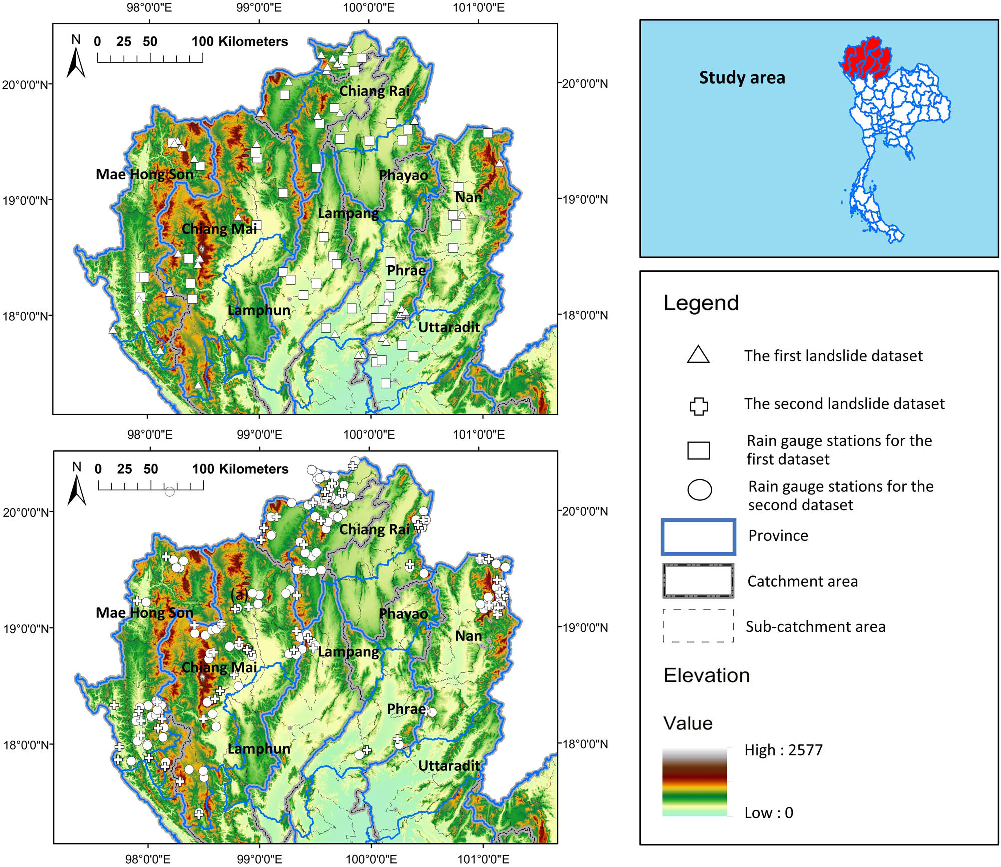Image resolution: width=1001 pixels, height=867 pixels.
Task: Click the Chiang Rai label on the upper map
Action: pyautogui.click(x=374, y=91)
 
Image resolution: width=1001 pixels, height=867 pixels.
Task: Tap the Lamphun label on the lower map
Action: pyautogui.click(x=259, y=749)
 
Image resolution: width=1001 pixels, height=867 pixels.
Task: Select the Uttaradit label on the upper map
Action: pyautogui.click(x=449, y=327)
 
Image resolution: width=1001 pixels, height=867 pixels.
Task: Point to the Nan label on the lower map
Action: pyautogui.click(x=468, y=636)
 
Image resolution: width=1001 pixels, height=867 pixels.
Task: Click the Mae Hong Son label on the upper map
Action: pyautogui.click(x=144, y=174)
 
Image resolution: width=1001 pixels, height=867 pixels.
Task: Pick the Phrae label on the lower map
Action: pyautogui.click(x=406, y=709)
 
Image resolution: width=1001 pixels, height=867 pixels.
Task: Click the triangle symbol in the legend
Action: pyautogui.click(x=698, y=355)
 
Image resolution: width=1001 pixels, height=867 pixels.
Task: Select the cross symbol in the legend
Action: pyautogui.click(x=699, y=406)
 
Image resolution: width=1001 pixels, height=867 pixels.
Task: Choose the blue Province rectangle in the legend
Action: pyautogui.click(x=698, y=537)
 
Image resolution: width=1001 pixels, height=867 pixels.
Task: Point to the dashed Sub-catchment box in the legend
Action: pyautogui.click(x=698, y=626)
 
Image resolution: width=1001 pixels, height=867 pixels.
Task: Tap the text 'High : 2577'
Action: pyautogui.click(x=783, y=750)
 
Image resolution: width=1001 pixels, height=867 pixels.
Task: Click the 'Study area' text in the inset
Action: pyautogui.click(x=742, y=78)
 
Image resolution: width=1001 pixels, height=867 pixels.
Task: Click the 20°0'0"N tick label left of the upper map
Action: pyautogui.click(x=26, y=84)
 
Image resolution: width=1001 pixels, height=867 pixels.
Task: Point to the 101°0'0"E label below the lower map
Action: pyautogui.click(x=483, y=859)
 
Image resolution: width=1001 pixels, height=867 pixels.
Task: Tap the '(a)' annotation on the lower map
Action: pyautogui.click(x=239, y=594)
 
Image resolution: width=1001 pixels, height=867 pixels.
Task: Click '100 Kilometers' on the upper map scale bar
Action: pyautogui.click(x=240, y=41)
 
